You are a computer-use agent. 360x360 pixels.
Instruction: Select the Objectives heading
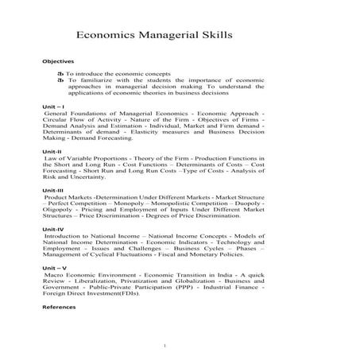pyautogui.click(x=58, y=62)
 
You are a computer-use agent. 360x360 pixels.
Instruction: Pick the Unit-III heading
pyautogui.click(x=53, y=190)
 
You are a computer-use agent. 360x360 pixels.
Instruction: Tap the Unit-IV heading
pyautogui.click(x=53, y=229)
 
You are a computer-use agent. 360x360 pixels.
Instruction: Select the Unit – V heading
pyautogui.click(x=55, y=268)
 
